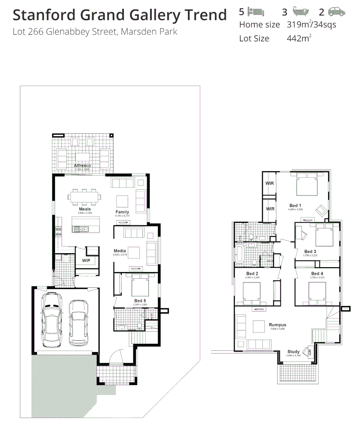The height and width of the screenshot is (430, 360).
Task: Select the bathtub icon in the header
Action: coord(300,12)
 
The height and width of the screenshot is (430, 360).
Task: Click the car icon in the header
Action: coord(337,12)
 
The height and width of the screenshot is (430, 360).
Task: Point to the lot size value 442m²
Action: coord(299,39)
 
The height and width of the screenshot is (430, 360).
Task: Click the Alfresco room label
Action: coord(82,165)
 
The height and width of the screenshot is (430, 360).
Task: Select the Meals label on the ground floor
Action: coord(84,209)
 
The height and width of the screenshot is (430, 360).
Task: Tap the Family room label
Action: coord(122,212)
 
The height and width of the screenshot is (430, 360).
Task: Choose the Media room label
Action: coord(120,251)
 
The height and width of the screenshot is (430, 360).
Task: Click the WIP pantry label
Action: coord(86,261)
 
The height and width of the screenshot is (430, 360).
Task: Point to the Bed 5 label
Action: coord(140,301)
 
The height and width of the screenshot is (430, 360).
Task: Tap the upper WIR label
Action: coord(270,184)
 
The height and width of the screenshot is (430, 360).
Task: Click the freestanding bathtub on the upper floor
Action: coord(239,254)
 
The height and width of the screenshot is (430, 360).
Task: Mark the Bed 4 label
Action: coord(317,274)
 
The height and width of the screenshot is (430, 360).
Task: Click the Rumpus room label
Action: coord(278,325)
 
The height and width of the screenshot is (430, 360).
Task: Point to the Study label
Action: coord(293,352)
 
